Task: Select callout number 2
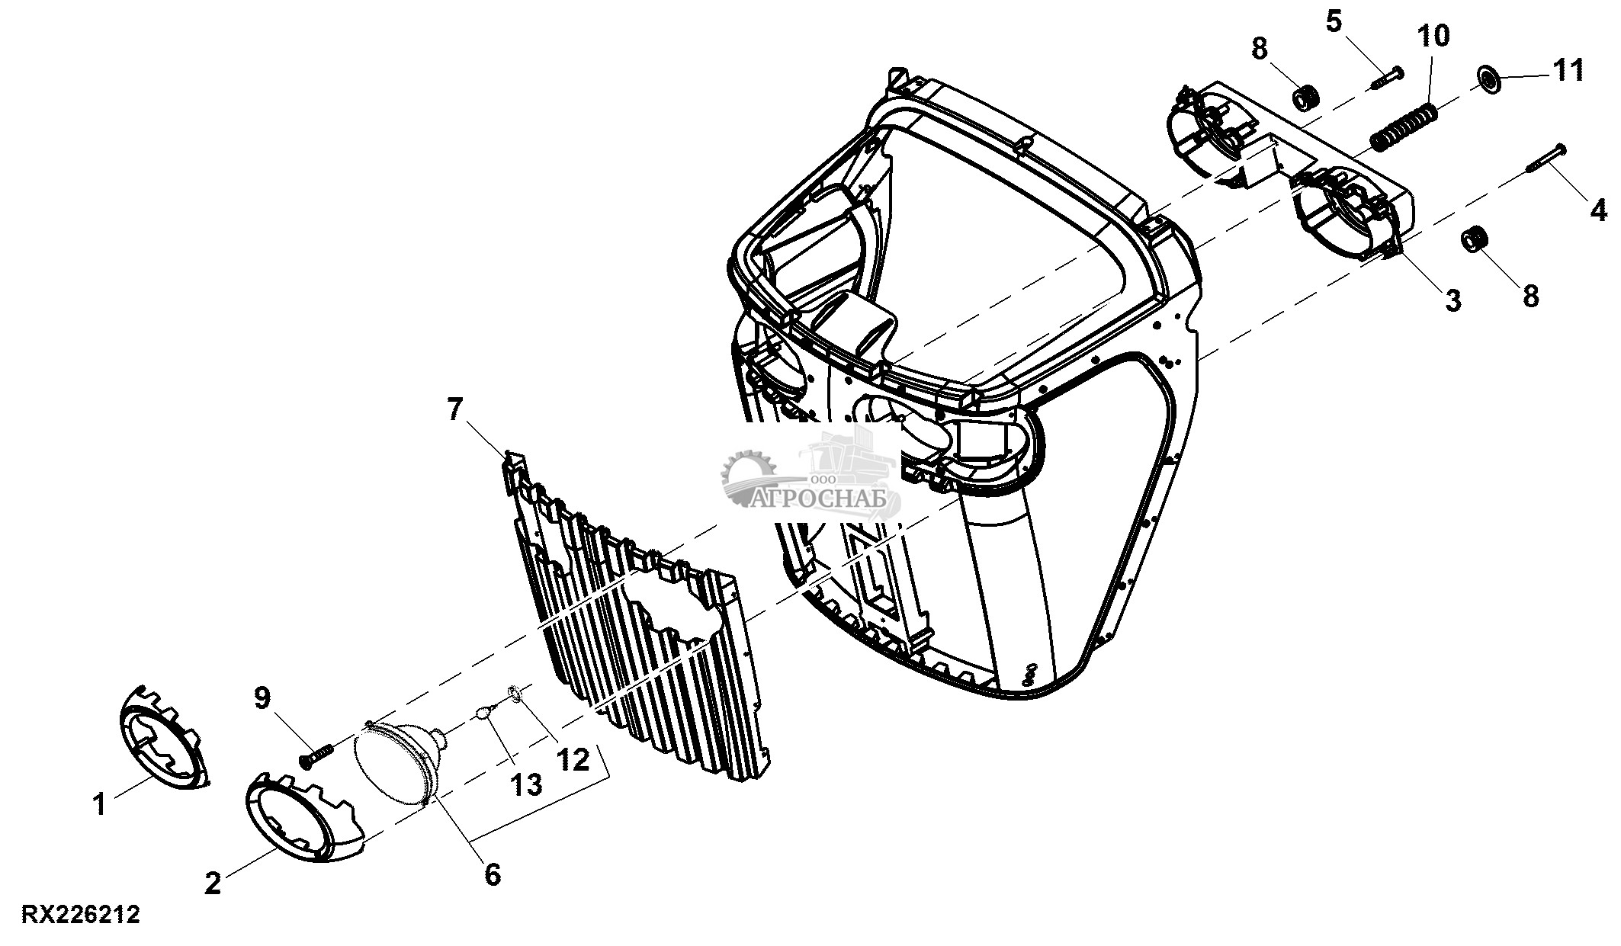pos(213,883)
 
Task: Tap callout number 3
pos(1453,300)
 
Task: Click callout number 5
pos(1334,21)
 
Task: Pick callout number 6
pos(493,874)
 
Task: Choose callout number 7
pos(454,410)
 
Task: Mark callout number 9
pos(262,697)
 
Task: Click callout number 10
pos(1433,35)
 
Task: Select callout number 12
pos(573,759)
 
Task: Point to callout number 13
pos(525,784)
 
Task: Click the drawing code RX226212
pos(81,915)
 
